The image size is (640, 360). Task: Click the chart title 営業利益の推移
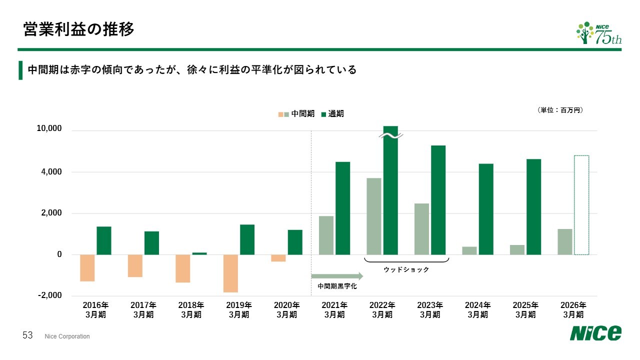(x=78, y=29)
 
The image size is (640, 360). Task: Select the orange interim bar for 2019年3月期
(x=230, y=273)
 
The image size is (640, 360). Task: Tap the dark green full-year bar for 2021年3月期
(x=342, y=208)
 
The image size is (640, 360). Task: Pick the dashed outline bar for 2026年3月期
(x=581, y=205)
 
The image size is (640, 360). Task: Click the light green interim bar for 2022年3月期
(x=373, y=216)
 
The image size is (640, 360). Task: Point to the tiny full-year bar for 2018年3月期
(x=199, y=253)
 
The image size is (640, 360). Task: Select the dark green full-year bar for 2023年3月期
(x=438, y=200)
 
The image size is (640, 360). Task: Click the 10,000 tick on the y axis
(x=49, y=128)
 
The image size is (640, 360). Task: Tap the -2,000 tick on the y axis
(x=49, y=295)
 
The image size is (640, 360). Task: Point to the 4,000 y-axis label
(x=52, y=172)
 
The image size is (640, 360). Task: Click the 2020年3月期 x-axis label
(x=286, y=309)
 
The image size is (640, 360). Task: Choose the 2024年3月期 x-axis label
(x=477, y=309)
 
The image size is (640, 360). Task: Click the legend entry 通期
(x=332, y=114)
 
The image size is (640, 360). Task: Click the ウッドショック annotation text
(x=406, y=269)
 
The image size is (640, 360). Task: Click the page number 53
(x=27, y=335)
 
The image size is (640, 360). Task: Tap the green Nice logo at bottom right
(x=596, y=333)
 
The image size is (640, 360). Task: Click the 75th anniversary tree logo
(x=599, y=33)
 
